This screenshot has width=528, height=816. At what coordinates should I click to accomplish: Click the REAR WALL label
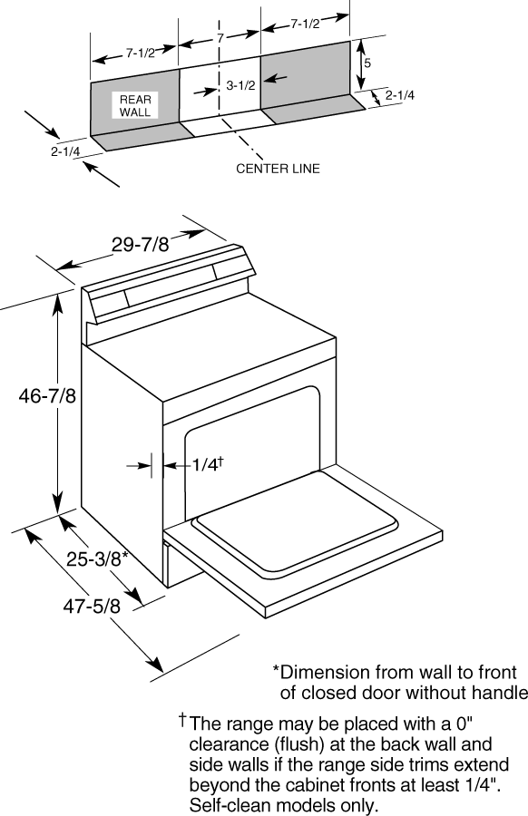[135, 106]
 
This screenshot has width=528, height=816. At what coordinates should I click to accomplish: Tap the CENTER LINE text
[278, 169]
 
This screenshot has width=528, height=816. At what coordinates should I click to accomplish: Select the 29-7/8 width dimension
[141, 244]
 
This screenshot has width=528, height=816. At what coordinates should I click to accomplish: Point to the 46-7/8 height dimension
[47, 396]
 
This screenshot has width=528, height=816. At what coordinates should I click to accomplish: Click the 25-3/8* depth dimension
[97, 559]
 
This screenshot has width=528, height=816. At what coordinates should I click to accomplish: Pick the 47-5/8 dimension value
[92, 607]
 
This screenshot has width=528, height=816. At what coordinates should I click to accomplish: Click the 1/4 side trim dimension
[207, 463]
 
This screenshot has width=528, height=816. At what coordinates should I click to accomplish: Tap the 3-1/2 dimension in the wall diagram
[240, 85]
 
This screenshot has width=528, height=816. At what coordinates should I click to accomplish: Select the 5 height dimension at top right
[367, 63]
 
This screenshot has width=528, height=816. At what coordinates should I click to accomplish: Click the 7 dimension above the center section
[220, 38]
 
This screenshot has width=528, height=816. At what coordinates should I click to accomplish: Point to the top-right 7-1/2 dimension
[305, 24]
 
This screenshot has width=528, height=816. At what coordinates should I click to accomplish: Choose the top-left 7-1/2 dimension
[140, 53]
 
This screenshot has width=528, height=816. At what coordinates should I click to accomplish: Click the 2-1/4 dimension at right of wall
[400, 95]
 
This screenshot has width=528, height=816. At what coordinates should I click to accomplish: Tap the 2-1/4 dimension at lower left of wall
[65, 152]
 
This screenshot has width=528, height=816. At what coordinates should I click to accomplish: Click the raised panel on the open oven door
[295, 522]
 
